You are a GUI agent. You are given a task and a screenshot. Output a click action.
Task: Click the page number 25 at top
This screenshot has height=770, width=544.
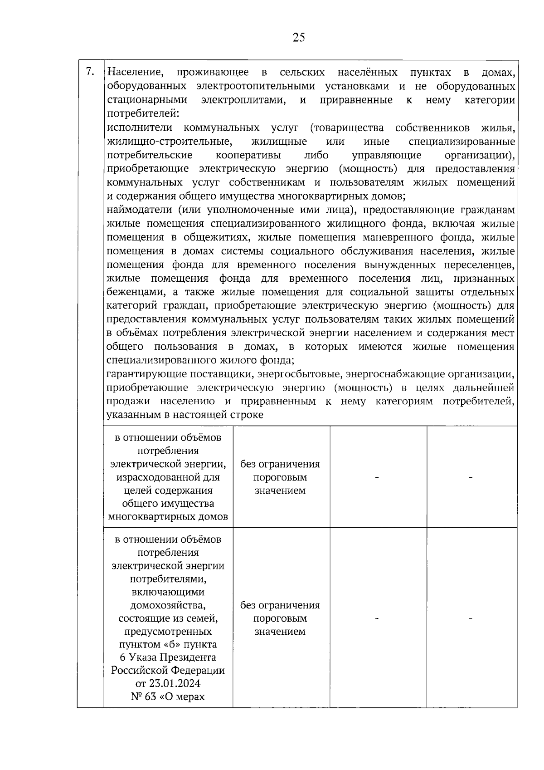coord(299,38)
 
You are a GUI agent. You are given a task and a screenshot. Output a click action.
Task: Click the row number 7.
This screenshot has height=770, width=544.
coord(90,72)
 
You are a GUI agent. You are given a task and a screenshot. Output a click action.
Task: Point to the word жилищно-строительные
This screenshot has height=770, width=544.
coord(170,141)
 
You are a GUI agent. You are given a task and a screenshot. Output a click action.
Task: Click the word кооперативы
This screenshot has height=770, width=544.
coord(248,155)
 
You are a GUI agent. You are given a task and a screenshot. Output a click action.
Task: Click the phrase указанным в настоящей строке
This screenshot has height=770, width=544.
coord(185,415)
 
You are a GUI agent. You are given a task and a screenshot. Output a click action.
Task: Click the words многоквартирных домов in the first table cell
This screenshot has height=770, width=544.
coord(168,517)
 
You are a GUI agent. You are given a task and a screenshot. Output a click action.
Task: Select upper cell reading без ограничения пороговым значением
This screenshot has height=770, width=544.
coord(280,477)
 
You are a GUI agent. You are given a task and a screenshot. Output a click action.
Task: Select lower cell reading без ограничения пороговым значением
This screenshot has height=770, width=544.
coord(280,618)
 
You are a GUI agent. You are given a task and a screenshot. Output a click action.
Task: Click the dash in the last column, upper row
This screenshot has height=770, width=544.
coord(471,477)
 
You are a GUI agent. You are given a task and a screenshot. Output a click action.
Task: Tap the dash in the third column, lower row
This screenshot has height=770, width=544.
coord(377,618)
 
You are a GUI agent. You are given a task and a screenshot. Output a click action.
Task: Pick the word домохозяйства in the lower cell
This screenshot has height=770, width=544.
coord(168,605)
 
